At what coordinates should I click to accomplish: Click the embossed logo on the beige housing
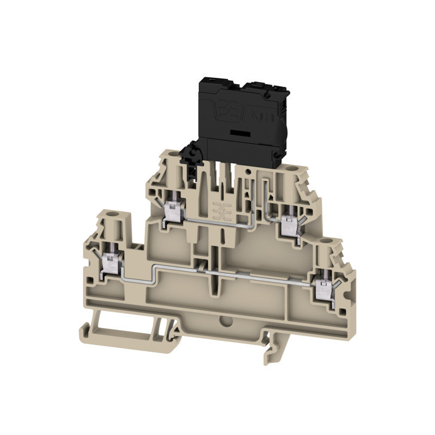(x=217, y=209)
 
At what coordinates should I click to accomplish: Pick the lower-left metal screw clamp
(x=111, y=264)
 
